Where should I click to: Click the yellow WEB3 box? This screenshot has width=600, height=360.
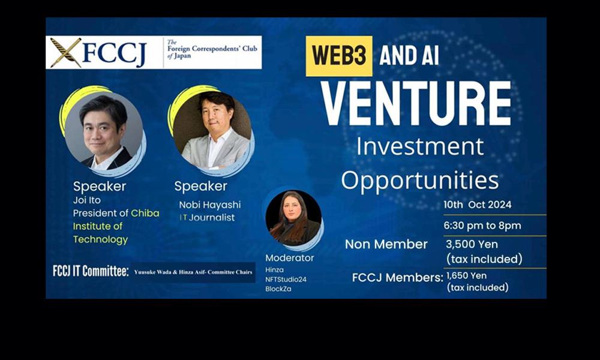[338, 56]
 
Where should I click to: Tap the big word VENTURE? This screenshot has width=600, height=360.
[416, 103]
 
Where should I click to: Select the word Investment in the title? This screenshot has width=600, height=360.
[420, 146]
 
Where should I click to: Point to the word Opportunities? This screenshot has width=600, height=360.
[420, 180]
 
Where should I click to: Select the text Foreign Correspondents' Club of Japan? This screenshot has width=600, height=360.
[212, 49]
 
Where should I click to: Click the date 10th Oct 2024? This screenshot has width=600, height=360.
[478, 205]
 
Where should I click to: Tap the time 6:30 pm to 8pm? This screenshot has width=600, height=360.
[482, 226]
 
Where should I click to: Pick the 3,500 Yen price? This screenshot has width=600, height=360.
[472, 244]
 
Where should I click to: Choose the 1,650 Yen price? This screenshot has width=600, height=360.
[466, 275]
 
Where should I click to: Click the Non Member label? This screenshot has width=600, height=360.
[386, 244]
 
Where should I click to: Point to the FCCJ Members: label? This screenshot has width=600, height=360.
[398, 278]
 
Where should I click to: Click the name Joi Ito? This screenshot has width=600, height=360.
[87, 200]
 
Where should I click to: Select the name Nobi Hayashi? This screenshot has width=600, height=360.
[210, 205]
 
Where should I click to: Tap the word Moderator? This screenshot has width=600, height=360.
[290, 258]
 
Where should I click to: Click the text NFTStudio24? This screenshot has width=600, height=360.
[286, 280]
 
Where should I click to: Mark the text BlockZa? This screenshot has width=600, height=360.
[278, 289]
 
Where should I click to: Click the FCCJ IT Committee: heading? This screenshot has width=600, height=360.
[91, 271]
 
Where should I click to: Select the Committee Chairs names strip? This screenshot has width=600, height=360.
[193, 272]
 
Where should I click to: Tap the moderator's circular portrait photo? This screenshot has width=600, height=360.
[293, 218]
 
